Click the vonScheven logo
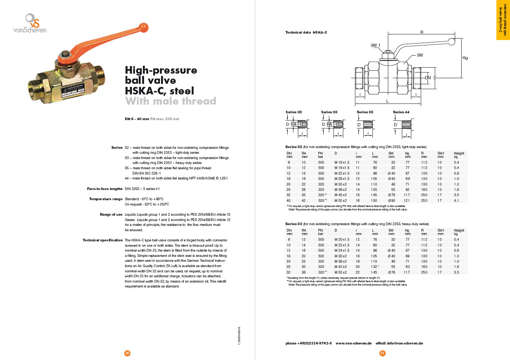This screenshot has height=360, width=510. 30,23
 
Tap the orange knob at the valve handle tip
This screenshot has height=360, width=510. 144,28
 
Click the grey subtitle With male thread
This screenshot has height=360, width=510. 171,101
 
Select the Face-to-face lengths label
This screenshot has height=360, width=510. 105,189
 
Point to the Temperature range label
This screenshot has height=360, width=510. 106,199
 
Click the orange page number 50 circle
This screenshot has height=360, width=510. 127,353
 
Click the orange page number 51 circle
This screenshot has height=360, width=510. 383,353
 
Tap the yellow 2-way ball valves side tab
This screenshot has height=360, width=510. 503,20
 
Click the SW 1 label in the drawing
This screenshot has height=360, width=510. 375,45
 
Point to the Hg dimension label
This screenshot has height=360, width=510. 465,58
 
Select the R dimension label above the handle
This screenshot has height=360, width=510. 422,32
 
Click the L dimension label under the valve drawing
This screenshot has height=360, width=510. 388,101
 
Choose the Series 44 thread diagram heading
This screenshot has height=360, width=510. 401,112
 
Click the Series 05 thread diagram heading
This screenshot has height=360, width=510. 365,112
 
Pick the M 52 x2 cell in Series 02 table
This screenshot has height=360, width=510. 340,201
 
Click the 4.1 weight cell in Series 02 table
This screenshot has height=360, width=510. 456,201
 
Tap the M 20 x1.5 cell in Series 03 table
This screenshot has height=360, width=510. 342,239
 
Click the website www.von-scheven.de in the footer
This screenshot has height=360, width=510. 353,343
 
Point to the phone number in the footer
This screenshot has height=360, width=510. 308,343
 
